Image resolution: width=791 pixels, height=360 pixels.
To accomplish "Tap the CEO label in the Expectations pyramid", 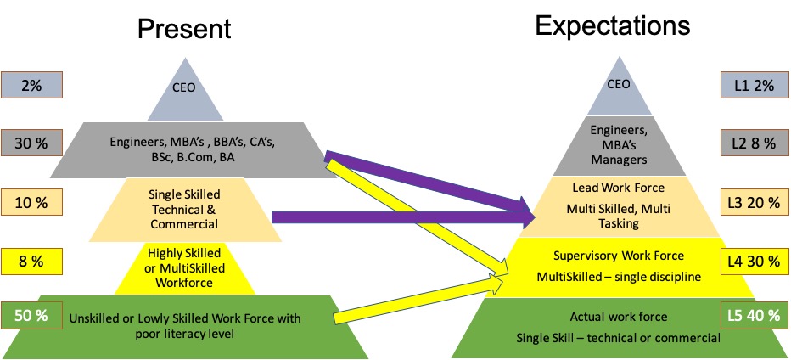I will pos(620,84).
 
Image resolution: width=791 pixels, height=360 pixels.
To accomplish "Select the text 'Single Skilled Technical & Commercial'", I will pos(184,210).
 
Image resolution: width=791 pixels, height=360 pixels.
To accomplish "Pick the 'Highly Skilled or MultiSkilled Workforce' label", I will pos(184,267).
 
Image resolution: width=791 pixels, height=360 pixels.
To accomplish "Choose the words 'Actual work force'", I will pos(620,317).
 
